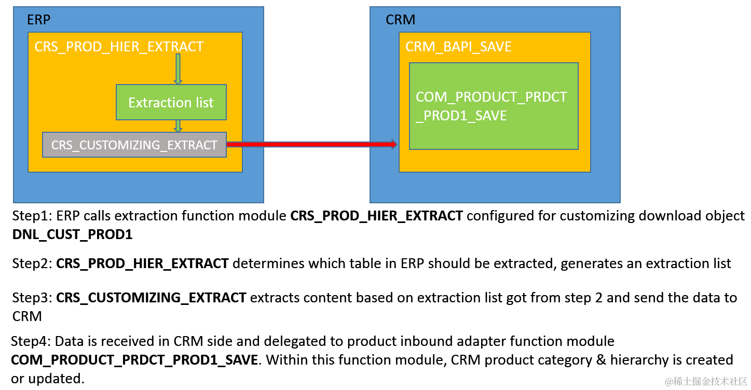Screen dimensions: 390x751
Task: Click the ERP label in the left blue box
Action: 39,20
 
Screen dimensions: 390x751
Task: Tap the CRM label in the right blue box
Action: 401,20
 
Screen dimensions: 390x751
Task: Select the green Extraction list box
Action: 171,102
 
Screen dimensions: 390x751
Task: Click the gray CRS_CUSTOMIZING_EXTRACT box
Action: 134,145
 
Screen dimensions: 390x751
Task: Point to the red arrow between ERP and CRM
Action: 311,144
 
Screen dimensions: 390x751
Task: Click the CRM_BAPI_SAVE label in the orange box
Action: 458,47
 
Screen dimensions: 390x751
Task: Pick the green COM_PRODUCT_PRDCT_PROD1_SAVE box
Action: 493,106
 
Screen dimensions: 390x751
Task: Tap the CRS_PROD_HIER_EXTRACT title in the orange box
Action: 119,47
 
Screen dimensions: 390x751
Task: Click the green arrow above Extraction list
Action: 178,69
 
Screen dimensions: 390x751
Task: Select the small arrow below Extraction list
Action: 178,126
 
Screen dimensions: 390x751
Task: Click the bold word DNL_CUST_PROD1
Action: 72,234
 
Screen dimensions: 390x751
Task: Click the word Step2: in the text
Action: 32,263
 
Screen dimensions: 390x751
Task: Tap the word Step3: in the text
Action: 32,298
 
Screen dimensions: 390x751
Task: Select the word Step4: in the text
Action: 31,341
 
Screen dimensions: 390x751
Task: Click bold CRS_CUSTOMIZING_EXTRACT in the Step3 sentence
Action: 151,298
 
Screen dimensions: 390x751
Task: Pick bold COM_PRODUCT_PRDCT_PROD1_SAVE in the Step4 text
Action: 134,360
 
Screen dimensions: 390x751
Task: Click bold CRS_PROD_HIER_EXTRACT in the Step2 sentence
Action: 142,263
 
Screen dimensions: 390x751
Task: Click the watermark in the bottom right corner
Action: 706,381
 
